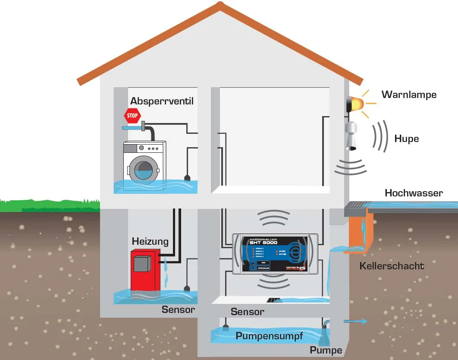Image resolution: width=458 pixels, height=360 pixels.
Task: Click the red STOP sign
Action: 132,116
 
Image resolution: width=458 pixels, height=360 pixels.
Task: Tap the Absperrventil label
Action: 162,101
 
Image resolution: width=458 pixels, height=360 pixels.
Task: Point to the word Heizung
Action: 150,241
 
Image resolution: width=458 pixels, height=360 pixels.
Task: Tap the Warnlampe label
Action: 409,95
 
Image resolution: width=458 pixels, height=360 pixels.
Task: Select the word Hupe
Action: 406,139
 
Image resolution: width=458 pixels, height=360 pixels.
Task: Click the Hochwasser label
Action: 414,193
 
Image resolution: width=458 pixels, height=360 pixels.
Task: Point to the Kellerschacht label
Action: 392,265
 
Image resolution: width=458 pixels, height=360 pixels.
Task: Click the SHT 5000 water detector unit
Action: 275,254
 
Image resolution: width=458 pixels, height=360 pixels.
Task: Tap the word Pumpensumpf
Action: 269,336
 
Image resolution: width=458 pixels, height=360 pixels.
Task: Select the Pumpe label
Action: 326,350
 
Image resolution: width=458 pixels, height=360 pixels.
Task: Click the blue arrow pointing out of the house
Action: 356,322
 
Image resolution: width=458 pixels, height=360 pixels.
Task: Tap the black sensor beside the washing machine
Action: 187,177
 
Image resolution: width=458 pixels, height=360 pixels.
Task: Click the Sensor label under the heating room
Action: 178,309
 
